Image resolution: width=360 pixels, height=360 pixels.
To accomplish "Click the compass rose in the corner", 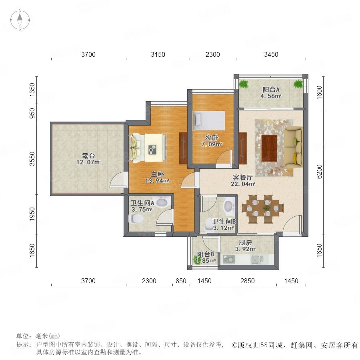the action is pos(20,20).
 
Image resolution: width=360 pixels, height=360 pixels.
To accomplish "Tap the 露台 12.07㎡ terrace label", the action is pos(88,159).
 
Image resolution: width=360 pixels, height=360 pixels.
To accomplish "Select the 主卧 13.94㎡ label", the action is pos(157,177).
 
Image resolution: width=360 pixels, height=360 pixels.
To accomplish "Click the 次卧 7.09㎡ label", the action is pos(212,141).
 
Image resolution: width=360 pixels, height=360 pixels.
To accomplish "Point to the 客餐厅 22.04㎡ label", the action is pos(243,180).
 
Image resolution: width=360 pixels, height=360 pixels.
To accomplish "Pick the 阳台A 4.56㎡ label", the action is pos(271,92).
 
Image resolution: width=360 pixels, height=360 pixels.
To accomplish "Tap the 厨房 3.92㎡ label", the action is pos(246,246).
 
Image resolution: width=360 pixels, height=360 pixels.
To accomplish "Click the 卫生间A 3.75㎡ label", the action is pos(142,206).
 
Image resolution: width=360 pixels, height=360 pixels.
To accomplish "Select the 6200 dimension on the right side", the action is pos(319,171).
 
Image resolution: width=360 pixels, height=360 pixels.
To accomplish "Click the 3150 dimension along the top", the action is pos(158,54).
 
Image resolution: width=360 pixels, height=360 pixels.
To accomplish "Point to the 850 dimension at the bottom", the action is pos(181,281).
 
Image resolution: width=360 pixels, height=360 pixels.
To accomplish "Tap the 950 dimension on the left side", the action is pos(32,113).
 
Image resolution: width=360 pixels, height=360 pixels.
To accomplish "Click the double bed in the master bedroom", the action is pos(148,148).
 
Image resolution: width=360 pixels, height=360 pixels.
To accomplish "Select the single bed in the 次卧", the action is pos(209,121).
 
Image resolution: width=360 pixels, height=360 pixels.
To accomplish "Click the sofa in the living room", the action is pos(293,147).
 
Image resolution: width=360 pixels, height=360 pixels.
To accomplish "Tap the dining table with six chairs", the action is pos(263,209).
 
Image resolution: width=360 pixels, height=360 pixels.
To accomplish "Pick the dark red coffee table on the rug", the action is pos(269,148).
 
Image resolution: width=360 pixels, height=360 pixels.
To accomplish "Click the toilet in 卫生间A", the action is pos(136,218).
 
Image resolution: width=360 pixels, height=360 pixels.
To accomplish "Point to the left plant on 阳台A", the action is pos(243,84).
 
